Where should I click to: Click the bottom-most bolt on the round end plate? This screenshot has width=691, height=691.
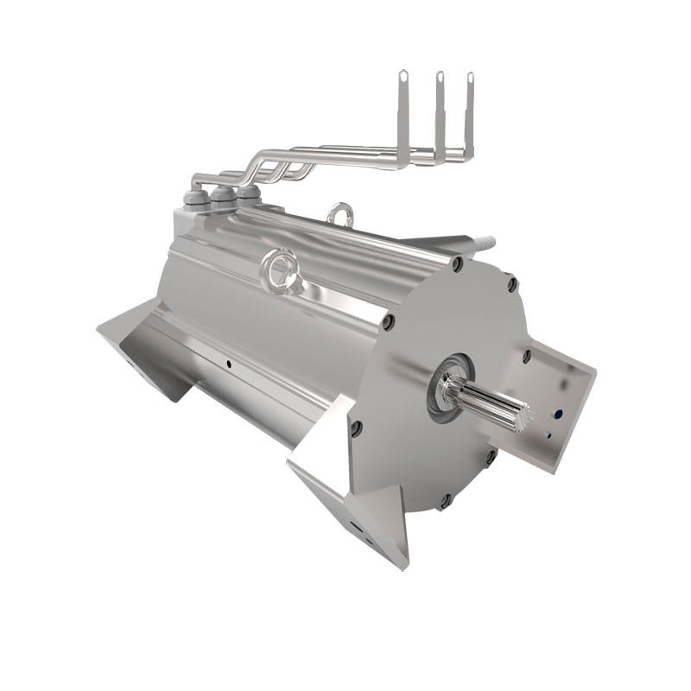pyautogui.click(x=446, y=500)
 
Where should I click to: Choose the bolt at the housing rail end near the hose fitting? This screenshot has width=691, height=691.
pyautogui.click(x=456, y=258)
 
